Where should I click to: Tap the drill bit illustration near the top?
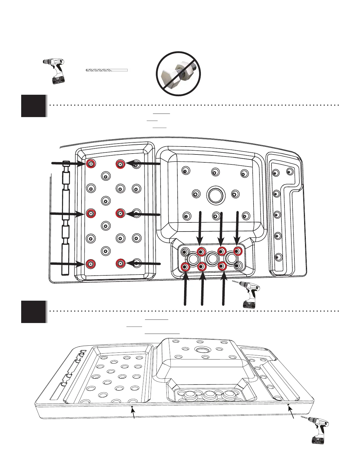click(x=106, y=70)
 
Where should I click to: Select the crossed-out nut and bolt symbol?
click(x=178, y=74)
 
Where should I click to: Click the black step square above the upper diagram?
click(x=34, y=106)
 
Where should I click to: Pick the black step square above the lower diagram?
click(x=34, y=312)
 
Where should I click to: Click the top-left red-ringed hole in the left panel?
click(x=91, y=164)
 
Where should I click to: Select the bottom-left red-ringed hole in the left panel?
click(x=91, y=264)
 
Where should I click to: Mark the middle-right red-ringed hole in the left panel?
click(x=120, y=213)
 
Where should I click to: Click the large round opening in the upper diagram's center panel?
click(x=216, y=195)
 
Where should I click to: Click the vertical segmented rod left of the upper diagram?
click(x=66, y=218)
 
